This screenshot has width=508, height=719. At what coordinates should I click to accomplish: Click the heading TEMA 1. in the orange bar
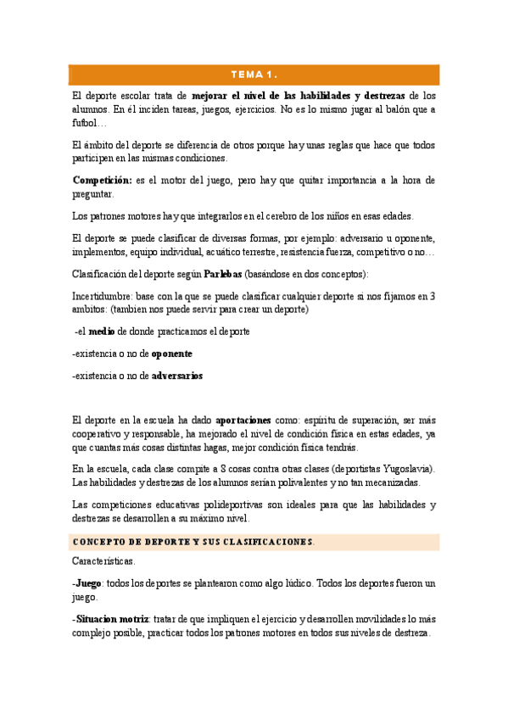254,75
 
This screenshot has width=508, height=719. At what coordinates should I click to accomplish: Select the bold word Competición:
102,181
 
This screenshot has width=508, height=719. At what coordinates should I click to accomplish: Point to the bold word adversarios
177,376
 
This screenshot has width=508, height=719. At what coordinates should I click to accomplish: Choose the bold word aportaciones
243,420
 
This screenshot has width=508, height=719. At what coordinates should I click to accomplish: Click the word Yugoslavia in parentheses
408,469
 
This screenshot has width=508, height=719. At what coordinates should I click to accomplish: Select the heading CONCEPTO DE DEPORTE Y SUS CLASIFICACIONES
193,542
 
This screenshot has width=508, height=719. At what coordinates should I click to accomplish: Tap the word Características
103,561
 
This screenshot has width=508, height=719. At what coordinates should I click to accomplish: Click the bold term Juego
87,583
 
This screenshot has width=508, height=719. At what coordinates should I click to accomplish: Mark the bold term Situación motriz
112,620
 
